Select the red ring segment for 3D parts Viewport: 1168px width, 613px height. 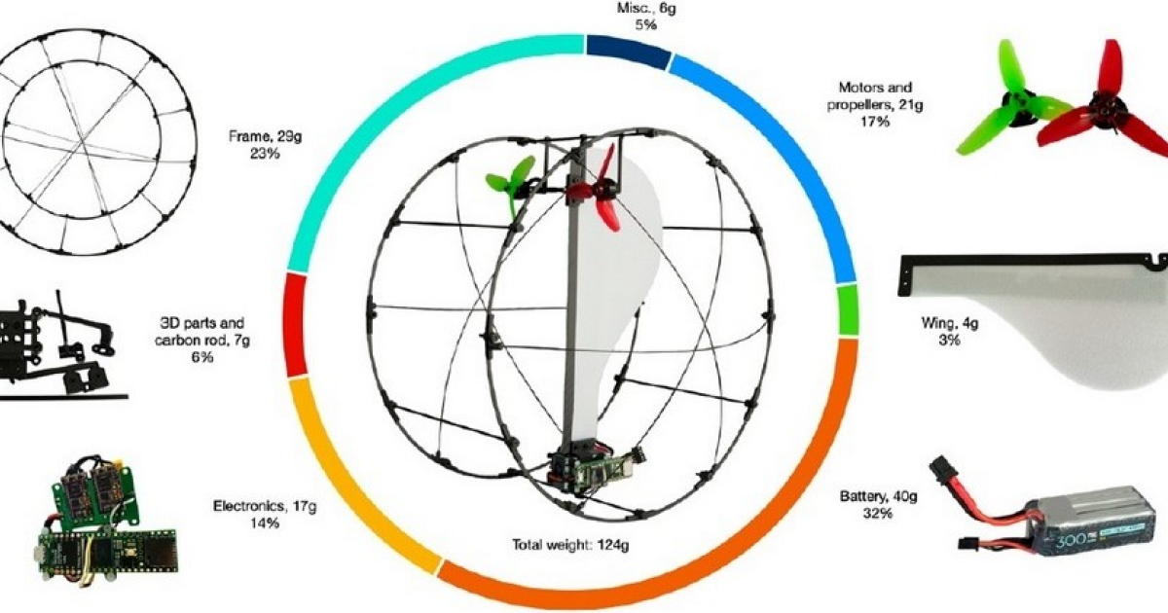[295, 324]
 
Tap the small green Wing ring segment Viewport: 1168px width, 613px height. [848, 309]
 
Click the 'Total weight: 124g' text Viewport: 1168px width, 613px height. [570, 545]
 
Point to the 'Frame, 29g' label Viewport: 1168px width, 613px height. [266, 136]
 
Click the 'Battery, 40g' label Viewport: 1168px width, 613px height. [878, 496]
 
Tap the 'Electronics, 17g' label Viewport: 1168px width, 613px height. [265, 506]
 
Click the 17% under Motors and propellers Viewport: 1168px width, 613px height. [875, 122]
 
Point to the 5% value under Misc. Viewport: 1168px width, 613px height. [645, 24]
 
